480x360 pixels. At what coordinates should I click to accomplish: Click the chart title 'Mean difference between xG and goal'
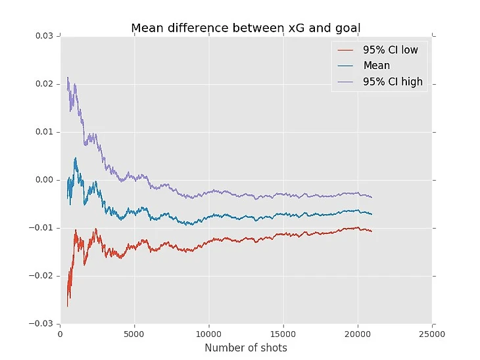point(246,28)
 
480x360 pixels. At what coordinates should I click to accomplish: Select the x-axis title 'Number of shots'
point(246,348)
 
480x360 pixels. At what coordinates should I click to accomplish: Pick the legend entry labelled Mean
point(376,66)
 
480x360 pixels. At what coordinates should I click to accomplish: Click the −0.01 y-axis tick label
point(43,228)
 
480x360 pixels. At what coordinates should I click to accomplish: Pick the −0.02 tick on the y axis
point(43,276)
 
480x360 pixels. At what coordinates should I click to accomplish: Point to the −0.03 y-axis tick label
point(43,324)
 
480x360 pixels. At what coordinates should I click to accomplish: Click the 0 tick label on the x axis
point(60,333)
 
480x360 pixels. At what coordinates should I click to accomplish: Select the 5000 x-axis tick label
point(134,333)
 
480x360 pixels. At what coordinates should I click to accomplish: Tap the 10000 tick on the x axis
point(208,333)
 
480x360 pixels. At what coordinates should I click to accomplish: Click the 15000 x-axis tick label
point(283,333)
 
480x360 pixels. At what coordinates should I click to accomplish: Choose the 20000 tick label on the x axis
point(358,333)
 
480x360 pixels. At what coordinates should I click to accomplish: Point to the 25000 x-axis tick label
point(432,333)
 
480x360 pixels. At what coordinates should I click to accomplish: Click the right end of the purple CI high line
point(372,197)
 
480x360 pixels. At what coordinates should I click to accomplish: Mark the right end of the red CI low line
point(372,231)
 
